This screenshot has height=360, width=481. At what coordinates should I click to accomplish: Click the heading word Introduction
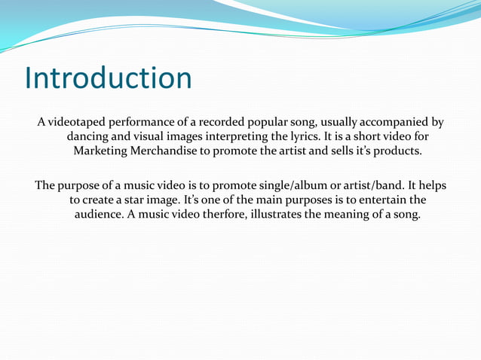[108, 78]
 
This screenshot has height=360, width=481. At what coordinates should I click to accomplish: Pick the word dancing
[90, 136]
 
